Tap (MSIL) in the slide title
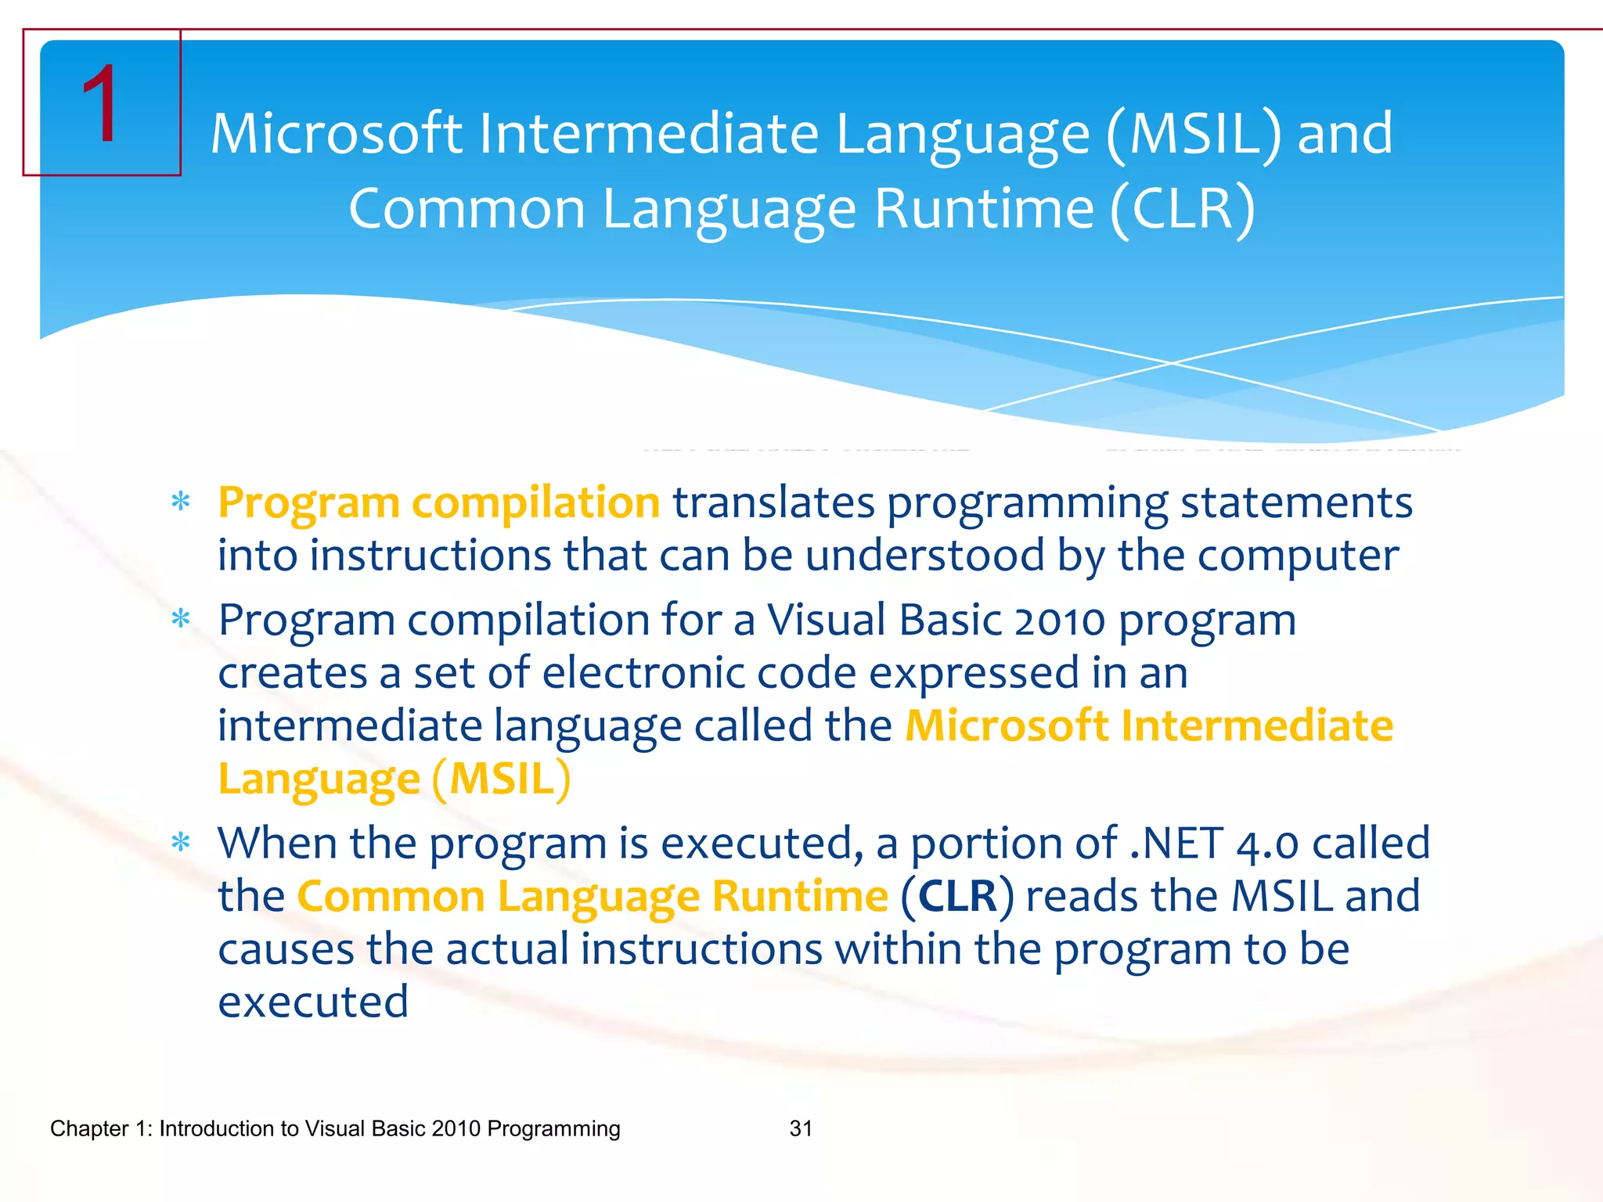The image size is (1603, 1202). click(x=1194, y=135)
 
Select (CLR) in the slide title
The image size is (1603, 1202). click(x=1182, y=210)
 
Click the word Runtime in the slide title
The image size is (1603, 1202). click(x=983, y=210)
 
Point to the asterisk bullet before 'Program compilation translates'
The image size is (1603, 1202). click(x=181, y=502)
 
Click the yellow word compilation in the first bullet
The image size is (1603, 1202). click(x=535, y=502)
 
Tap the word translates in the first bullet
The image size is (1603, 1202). click(x=773, y=502)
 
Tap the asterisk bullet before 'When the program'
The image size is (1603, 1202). click(x=181, y=843)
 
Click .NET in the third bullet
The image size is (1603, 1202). click(x=1176, y=844)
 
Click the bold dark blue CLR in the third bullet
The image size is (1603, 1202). click(x=957, y=897)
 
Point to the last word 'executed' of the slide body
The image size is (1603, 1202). click(x=313, y=1002)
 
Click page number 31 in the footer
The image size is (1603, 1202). click(x=801, y=1128)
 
